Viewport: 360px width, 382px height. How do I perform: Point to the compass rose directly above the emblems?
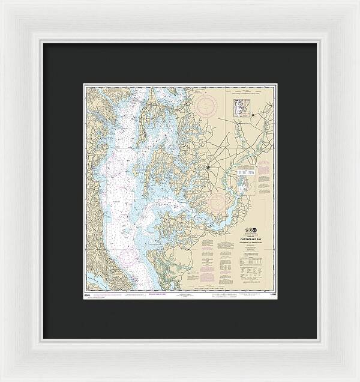(x=223, y=202)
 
